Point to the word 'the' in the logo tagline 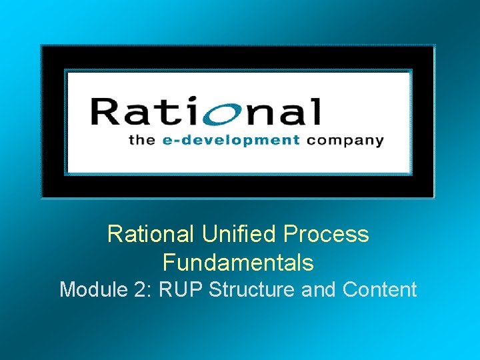coord(141,140)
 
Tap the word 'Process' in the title coord(326,234)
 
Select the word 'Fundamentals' coord(238,263)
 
